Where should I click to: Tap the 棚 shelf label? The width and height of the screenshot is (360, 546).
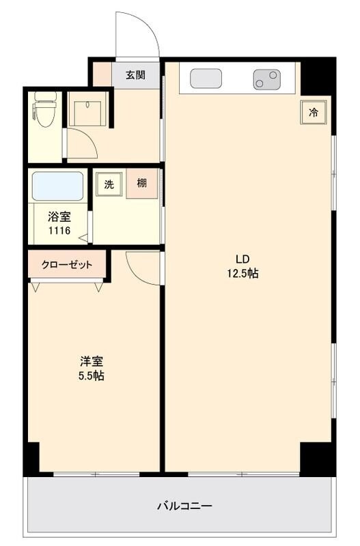point(141,183)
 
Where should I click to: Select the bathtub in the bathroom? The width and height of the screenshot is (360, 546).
point(57,186)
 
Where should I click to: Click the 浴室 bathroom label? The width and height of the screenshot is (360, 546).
point(58,218)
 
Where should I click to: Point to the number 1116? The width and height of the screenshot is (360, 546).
point(58,231)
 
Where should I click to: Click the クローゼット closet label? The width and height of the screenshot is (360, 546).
point(67,265)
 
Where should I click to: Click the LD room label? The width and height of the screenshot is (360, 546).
point(243,259)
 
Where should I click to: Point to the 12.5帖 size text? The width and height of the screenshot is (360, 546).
point(243,273)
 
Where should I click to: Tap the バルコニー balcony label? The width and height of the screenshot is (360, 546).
point(184,506)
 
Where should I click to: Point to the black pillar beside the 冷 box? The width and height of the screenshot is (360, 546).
point(316,76)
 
